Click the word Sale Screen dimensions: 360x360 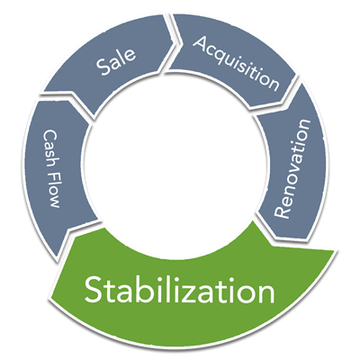click(116, 61)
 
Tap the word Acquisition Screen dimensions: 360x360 click(237, 64)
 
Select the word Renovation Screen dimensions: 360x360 click(292, 169)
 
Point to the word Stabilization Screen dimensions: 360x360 click(179, 289)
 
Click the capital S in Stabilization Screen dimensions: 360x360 click(94, 289)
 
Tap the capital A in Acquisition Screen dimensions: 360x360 click(202, 43)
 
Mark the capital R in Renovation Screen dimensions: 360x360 click(282, 211)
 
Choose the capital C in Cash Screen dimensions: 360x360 click(49, 135)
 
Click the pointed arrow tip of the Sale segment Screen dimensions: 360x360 click(175, 42)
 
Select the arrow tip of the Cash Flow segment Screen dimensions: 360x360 click(57, 258)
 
